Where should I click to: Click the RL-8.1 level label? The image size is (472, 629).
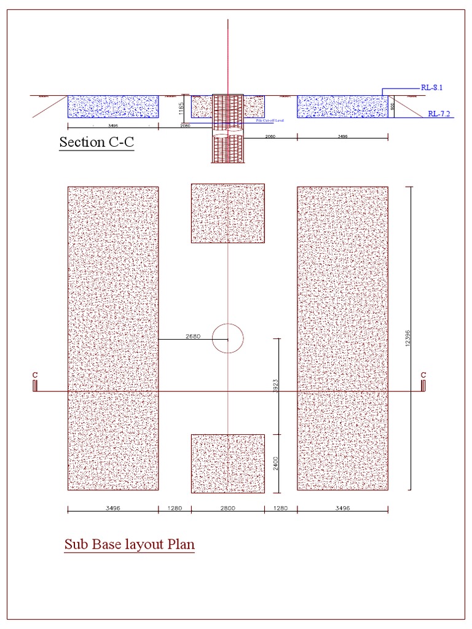[432, 88]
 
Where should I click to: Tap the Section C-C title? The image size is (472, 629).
[96, 143]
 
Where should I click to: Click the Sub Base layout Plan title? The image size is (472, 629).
[129, 545]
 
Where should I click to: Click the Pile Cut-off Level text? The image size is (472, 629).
[269, 121]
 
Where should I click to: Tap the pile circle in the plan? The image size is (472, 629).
[228, 338]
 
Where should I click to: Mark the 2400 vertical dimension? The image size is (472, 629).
[276, 463]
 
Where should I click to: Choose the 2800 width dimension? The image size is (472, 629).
[227, 509]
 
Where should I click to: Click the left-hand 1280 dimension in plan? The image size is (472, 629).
[175, 509]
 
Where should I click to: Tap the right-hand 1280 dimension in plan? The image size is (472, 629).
[281, 509]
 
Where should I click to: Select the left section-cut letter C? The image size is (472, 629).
[35, 375]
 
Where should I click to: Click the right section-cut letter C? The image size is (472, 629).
[423, 375]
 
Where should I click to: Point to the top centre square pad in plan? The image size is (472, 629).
[228, 213]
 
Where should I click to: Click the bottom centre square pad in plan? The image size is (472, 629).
[228, 463]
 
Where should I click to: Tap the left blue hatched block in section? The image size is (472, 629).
[112, 106]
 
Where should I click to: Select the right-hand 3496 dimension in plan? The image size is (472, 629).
[342, 509]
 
